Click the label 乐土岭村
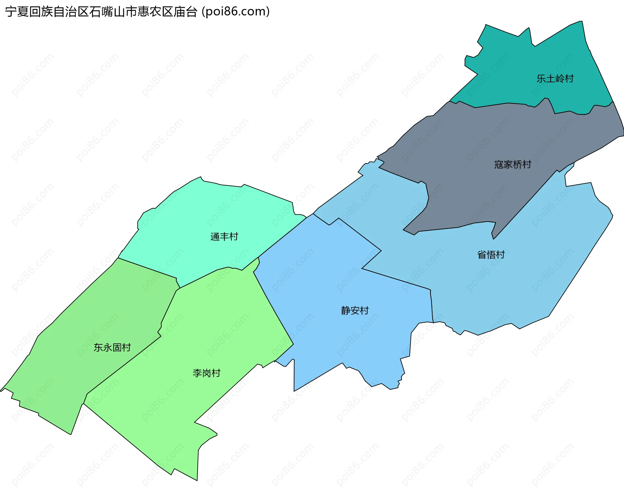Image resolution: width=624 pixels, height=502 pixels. tap(555, 79)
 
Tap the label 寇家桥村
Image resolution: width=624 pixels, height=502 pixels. tap(513, 165)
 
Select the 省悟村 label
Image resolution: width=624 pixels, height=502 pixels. tap(491, 255)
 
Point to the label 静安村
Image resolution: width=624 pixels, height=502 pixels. tap(355, 311)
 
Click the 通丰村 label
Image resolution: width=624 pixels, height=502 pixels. tap(224, 237)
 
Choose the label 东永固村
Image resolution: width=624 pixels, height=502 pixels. tap(112, 348)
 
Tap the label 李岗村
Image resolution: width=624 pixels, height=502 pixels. tap(206, 373)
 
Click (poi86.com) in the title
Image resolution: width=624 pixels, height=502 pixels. tap(236, 12)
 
